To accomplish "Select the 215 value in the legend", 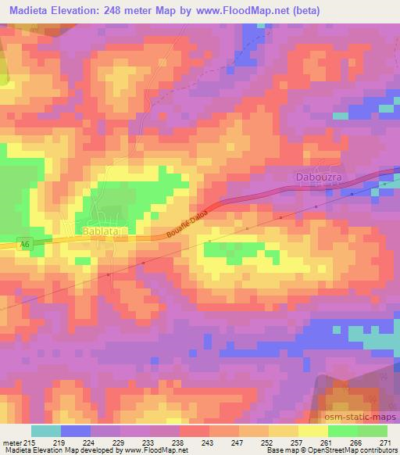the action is (31, 441).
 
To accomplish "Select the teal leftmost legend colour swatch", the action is (46, 431).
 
